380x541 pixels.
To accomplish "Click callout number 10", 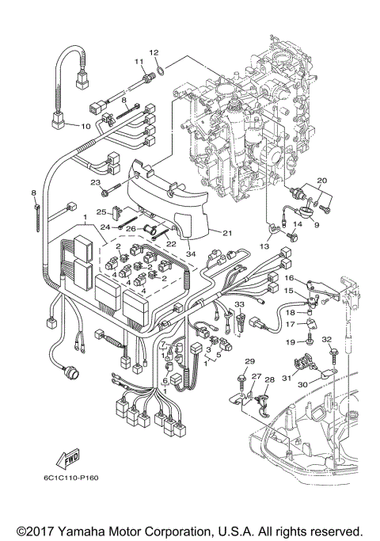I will click(86, 126).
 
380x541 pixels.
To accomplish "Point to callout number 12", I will click(155, 52).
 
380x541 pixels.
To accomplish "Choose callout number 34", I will click(189, 253).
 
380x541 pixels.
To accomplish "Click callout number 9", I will click(317, 224).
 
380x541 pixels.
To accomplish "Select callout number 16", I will click(290, 278).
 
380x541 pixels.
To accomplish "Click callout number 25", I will click(101, 212).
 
